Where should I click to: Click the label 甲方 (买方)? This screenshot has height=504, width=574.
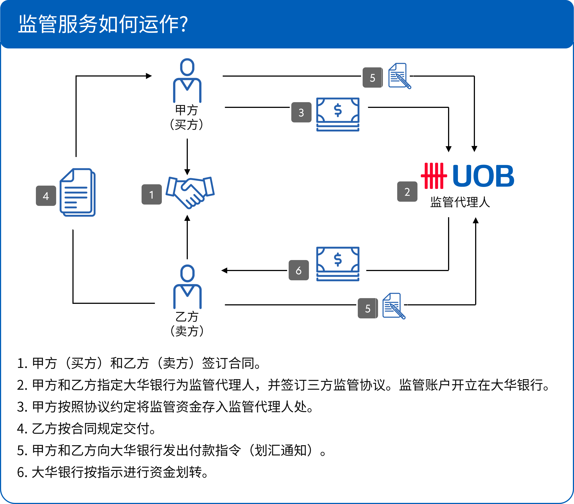point(186,117)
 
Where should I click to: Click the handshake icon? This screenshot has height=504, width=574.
point(190,192)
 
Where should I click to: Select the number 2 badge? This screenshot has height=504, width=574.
point(407,192)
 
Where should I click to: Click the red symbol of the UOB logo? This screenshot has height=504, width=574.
point(434,176)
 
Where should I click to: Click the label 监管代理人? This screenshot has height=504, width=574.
point(460,202)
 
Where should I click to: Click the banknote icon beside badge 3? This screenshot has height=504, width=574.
point(338,114)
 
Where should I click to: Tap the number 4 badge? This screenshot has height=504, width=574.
point(46,196)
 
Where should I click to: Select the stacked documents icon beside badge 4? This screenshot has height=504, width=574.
point(78,192)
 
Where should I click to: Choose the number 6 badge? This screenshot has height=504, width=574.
point(299,270)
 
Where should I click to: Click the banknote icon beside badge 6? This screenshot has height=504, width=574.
point(338,263)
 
